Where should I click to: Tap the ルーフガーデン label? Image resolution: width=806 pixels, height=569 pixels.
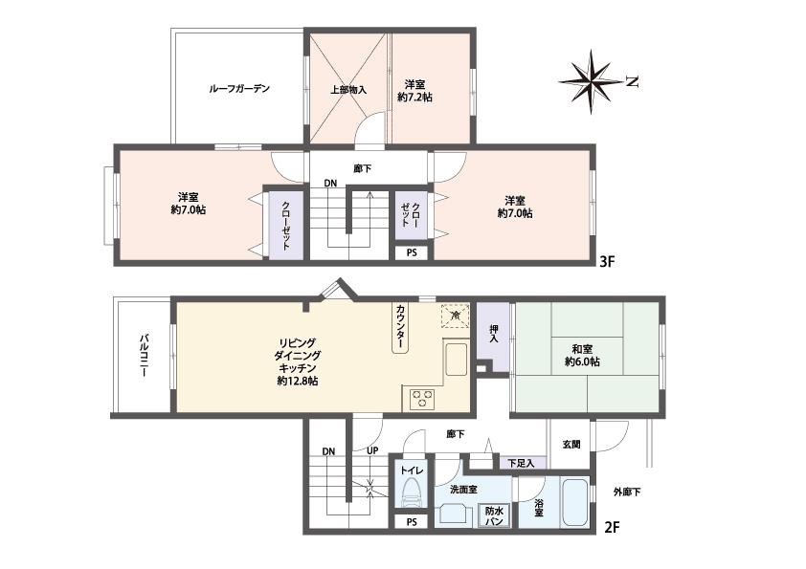tap(239, 89)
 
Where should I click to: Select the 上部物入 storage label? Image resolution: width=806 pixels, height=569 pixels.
tap(348, 90)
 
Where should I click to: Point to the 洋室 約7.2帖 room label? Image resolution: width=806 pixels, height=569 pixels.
tap(415, 90)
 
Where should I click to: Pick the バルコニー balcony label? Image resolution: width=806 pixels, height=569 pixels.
tap(144, 357)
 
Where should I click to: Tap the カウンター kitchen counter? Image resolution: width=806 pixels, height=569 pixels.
tap(400, 327)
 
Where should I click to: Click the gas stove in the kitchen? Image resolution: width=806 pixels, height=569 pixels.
tap(422, 399)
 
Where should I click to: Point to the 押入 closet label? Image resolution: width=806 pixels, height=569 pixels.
tap(494, 334)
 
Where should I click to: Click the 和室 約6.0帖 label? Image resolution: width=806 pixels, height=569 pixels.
tap(581, 356)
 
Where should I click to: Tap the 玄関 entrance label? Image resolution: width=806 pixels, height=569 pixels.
tap(571, 444)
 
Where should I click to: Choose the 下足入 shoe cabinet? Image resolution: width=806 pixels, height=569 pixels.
tap(521, 463)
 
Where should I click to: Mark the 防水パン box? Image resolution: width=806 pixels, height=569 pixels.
tap(494, 515)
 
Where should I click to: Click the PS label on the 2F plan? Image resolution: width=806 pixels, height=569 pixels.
tap(412, 522)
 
